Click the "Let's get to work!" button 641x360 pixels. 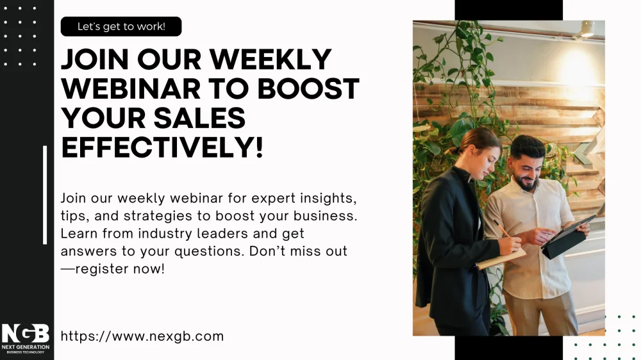121,26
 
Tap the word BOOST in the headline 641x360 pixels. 308,88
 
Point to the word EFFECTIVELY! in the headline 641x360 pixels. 162,147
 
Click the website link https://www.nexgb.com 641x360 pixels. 142,336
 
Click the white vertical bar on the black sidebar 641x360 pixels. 45,195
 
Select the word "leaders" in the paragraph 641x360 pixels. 222,233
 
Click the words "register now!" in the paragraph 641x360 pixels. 121,269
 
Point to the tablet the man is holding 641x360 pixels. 569,238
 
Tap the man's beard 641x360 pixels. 526,182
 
